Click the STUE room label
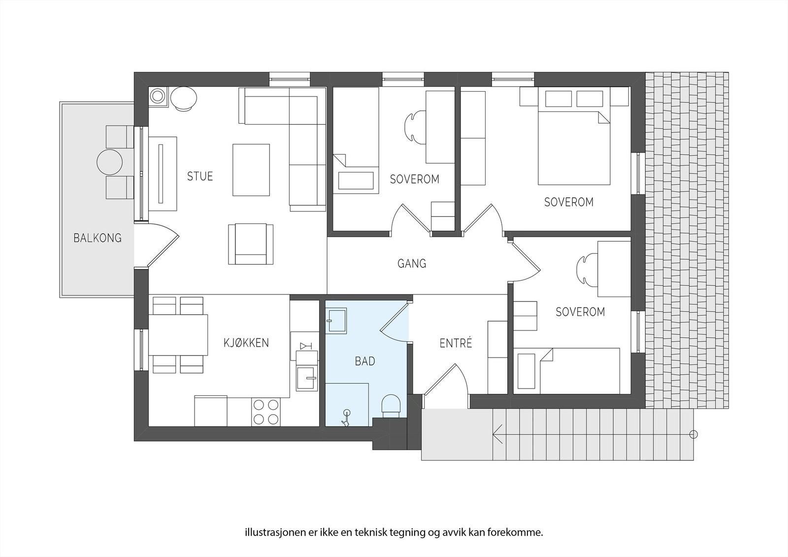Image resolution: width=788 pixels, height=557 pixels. tap(200, 176)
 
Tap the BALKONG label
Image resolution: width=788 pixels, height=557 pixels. tap(97, 238)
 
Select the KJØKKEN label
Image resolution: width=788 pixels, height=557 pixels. tap(246, 343)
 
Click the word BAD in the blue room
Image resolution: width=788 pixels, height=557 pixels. tap(365, 361)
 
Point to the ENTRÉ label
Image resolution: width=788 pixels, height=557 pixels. tap(456, 343)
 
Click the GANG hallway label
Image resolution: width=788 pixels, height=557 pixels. tap(412, 264)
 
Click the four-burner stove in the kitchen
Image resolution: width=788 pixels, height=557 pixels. tap(266, 412)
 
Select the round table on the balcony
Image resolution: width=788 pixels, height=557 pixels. tap(109, 162)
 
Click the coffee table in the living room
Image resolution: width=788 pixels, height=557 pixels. tap(251, 170)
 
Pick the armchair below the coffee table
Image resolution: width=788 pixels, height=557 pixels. tap(251, 244)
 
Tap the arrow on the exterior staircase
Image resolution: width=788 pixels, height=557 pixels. tap(497, 434)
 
